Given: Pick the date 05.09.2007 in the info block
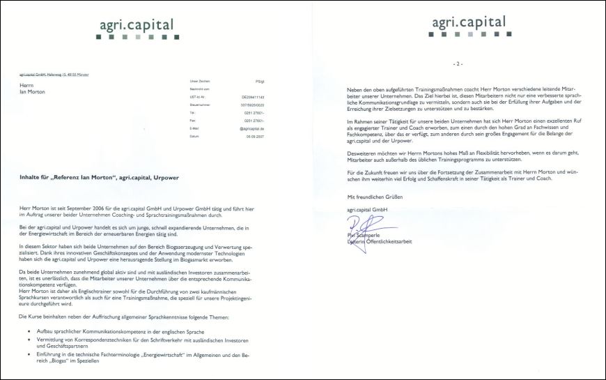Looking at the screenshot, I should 254,137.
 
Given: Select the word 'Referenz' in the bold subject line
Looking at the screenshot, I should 85,178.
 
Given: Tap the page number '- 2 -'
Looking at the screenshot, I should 458,63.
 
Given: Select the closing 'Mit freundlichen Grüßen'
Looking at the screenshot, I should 375,197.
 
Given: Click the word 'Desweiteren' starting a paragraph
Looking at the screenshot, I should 362,151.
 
